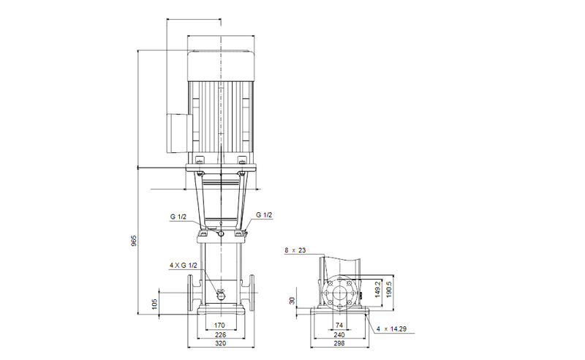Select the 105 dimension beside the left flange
[154, 304]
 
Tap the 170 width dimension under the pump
[219, 324]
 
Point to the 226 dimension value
[219, 335]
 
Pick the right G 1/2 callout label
[264, 214]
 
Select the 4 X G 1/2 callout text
[182, 264]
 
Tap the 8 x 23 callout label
[295, 250]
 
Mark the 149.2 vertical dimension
[378, 290]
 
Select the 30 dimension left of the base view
[292, 300]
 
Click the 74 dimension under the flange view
[339, 324]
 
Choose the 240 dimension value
[339, 335]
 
